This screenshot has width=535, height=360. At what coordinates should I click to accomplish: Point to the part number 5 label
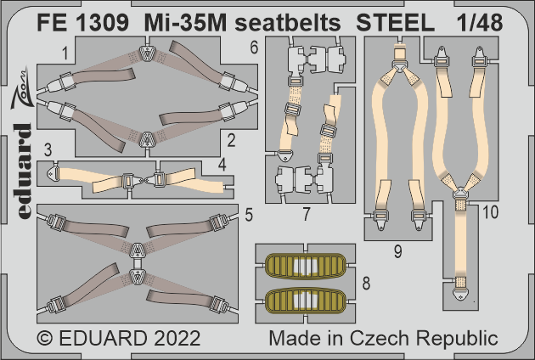tap(247, 216)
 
